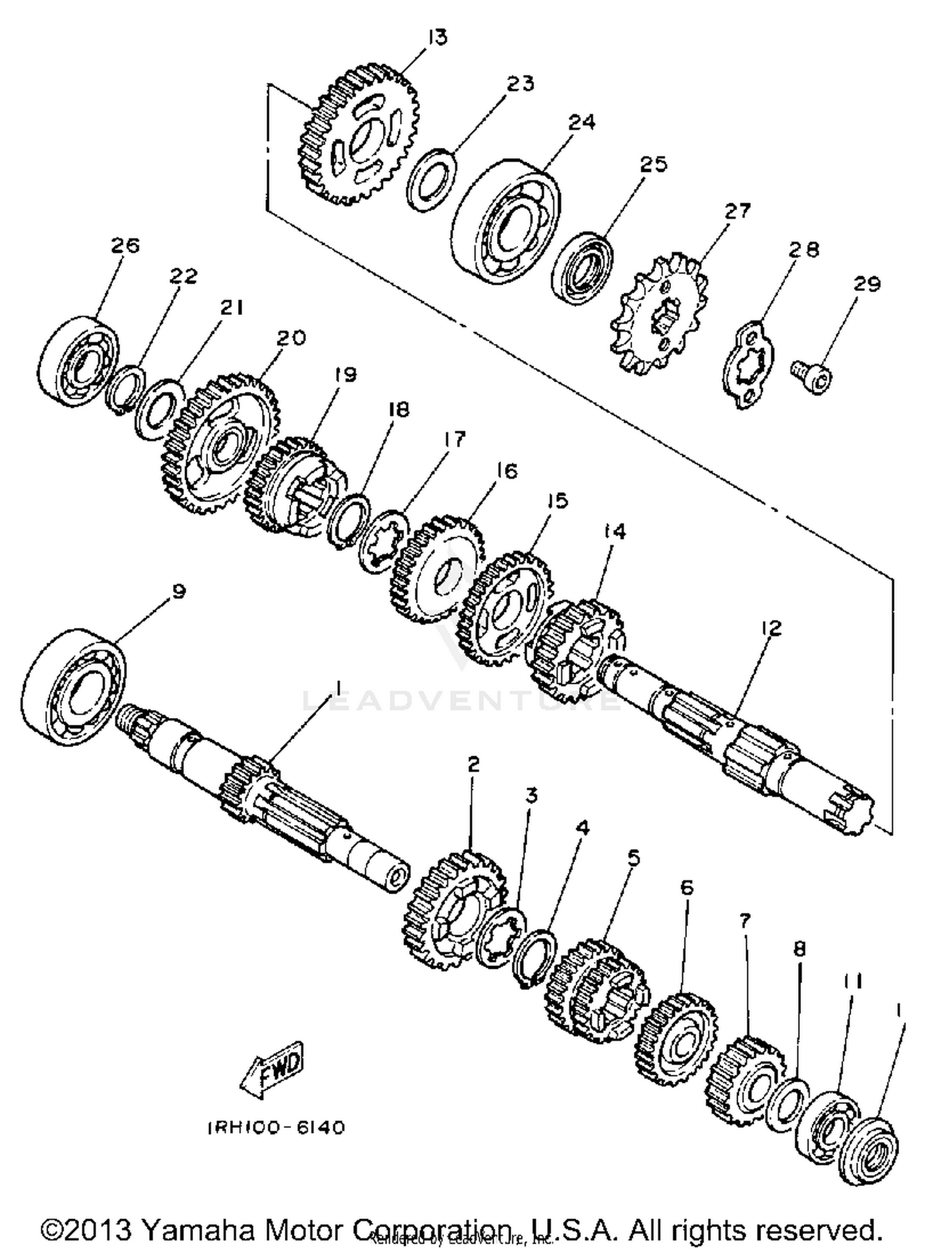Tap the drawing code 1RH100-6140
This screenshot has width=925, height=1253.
point(275,1128)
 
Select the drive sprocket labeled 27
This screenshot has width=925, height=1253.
point(657,314)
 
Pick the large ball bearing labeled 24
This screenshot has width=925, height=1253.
point(506,214)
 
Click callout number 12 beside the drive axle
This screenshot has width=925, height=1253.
point(771,628)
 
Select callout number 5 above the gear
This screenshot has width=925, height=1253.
point(633,858)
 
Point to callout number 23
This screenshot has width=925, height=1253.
point(520,83)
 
